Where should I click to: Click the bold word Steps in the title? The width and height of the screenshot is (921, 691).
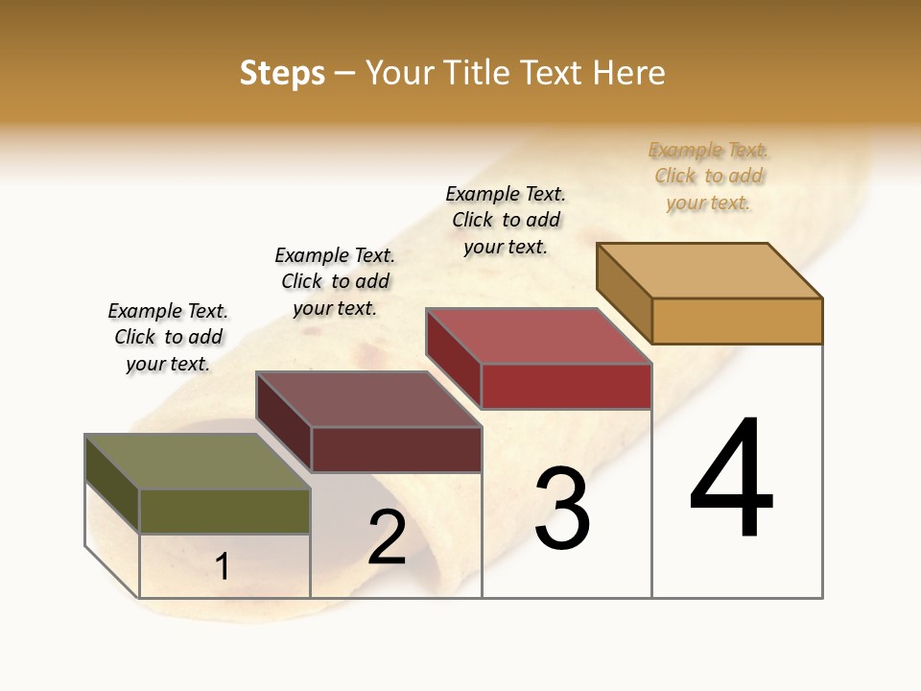[281, 73]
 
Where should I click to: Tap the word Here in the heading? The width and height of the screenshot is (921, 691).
[628, 73]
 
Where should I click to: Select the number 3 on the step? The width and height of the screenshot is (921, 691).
[562, 509]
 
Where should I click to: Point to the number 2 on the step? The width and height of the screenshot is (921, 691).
[387, 536]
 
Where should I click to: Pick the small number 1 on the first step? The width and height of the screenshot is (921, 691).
[223, 566]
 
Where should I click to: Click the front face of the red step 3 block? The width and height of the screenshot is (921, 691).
[566, 386]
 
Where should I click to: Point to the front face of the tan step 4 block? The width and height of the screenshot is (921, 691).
[737, 321]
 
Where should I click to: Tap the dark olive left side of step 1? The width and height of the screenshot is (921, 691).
[112, 484]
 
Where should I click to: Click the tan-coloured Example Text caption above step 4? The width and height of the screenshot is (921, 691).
[708, 177]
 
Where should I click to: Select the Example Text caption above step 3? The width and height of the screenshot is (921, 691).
[506, 220]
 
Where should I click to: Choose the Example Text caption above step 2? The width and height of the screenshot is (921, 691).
[335, 281]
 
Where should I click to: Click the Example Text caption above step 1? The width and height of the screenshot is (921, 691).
[168, 337]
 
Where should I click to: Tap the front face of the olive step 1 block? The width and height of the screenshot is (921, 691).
[224, 511]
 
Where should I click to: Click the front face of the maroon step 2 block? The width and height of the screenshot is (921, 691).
[396, 449]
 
